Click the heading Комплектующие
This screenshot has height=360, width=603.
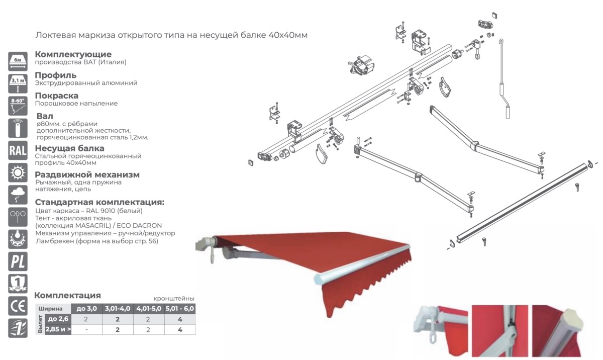[x=73, y=54]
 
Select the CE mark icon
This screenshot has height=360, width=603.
[x=18, y=305]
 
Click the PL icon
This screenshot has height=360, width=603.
[x=18, y=261]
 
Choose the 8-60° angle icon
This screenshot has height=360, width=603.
[x=18, y=106]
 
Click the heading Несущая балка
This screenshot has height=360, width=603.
[x=70, y=148]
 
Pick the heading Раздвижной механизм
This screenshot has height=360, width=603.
[x=87, y=174]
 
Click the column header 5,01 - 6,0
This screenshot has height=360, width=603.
[x=179, y=308]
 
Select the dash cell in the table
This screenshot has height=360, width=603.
[x=86, y=330]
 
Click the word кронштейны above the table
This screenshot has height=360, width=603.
[x=173, y=298]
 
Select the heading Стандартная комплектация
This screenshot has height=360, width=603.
[x=99, y=202]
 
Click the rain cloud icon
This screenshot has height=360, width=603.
[x=18, y=195]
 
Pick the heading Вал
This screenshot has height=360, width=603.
[x=45, y=116]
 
